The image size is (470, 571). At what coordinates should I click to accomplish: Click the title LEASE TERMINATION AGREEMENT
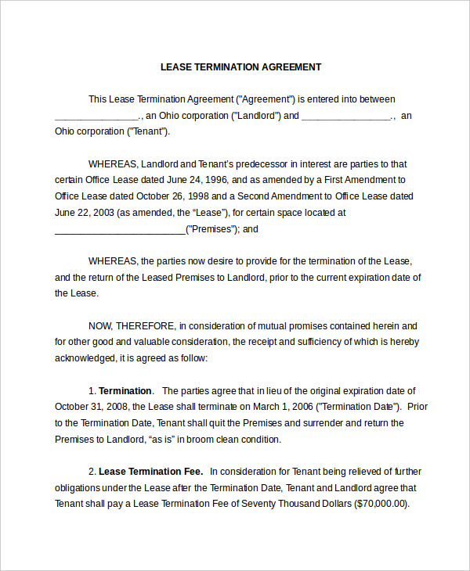(x=240, y=67)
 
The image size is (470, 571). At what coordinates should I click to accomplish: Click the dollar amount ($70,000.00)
(x=382, y=504)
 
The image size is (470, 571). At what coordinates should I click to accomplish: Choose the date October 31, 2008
(x=89, y=407)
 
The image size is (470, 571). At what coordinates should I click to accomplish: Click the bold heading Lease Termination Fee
(x=150, y=472)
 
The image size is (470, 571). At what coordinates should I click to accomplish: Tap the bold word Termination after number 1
(x=125, y=390)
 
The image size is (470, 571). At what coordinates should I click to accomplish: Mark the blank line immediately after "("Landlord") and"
(x=346, y=117)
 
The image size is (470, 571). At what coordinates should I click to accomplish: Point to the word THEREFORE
(x=146, y=325)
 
